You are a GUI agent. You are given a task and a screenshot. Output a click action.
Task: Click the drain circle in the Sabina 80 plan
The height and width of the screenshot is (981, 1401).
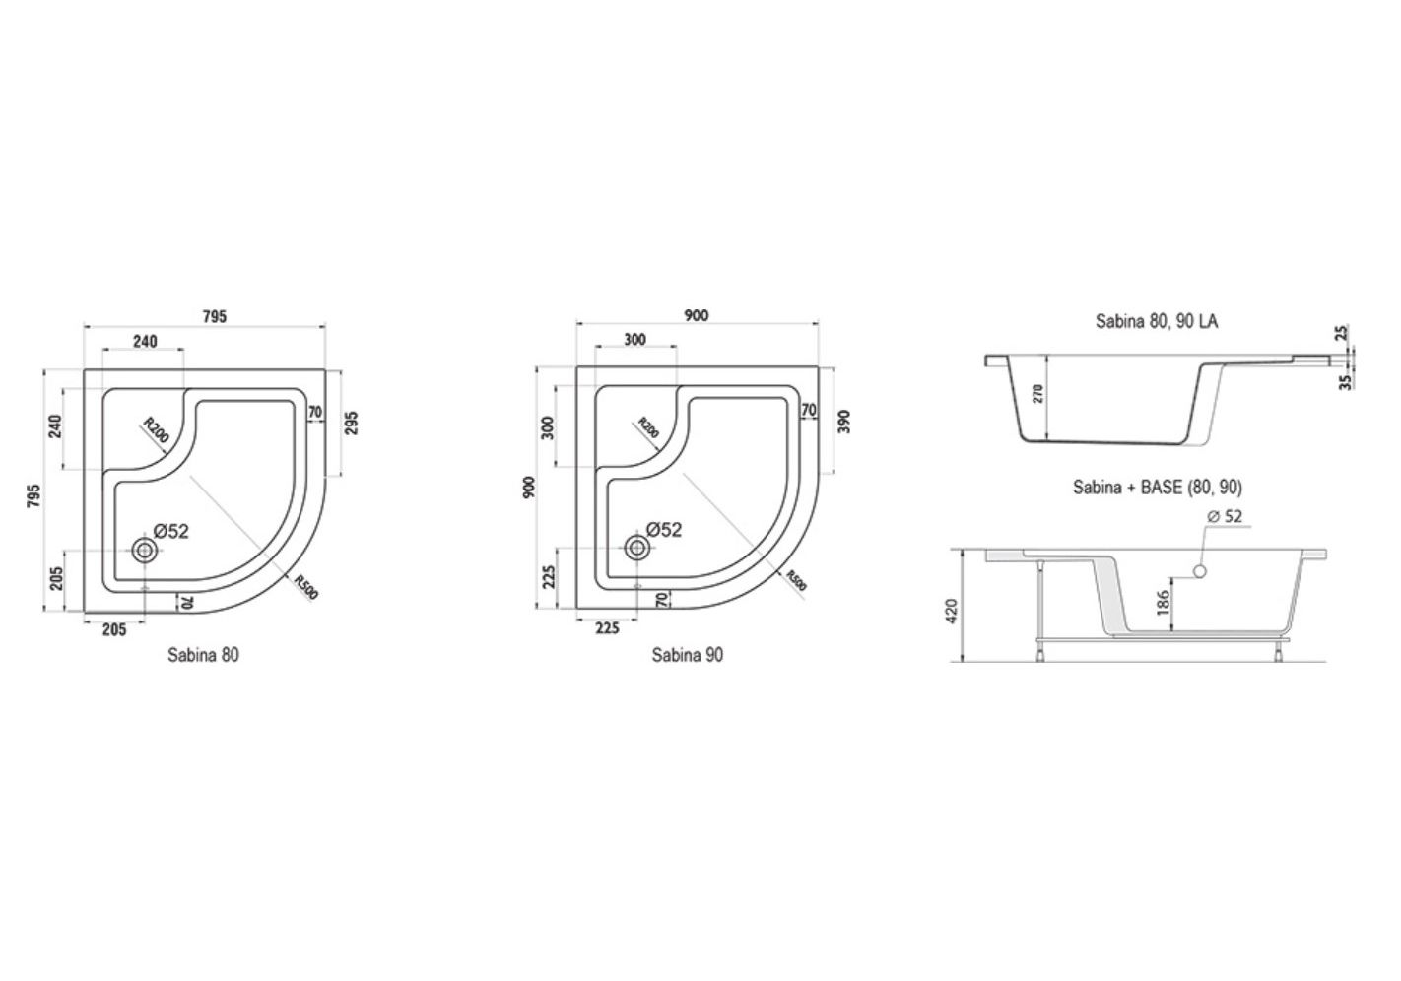pyautogui.click(x=145, y=551)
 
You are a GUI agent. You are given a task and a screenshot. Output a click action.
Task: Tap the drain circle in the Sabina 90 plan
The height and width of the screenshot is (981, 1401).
pyautogui.click(x=637, y=548)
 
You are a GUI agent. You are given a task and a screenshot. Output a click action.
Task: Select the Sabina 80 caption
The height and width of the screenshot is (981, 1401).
pyautogui.click(x=203, y=655)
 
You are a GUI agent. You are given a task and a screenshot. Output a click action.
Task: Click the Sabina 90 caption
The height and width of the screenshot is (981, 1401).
pyautogui.click(x=688, y=655)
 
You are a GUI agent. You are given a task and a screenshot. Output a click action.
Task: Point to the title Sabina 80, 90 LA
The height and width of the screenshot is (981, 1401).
pyautogui.click(x=1157, y=321)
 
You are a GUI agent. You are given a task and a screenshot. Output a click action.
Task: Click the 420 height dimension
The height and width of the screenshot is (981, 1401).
pyautogui.click(x=952, y=611)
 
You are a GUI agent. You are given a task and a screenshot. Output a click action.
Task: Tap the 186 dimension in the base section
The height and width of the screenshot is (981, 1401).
pyautogui.click(x=1164, y=603)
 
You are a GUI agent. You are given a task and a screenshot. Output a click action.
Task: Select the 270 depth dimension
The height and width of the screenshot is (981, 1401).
pyautogui.click(x=1038, y=393)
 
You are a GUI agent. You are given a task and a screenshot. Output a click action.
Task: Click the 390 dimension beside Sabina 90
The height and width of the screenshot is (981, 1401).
pyautogui.click(x=844, y=422)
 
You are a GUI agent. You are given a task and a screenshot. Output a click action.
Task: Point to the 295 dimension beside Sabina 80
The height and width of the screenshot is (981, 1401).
pyautogui.click(x=352, y=424)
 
